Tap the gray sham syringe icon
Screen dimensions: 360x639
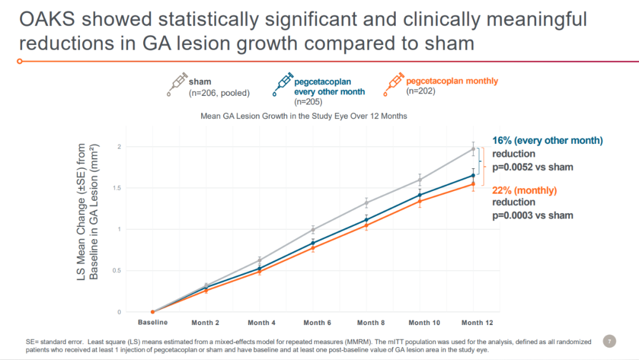point(176,85)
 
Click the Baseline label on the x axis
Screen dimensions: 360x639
point(153,322)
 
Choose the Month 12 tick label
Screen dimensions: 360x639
point(476,323)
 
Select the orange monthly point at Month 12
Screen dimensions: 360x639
point(473,184)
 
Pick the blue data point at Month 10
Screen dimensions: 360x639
point(420,195)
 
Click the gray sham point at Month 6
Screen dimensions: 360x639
point(314,230)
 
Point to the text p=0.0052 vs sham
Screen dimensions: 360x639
point(532,167)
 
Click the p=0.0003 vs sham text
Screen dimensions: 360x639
point(532,215)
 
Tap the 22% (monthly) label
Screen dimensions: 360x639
point(525,190)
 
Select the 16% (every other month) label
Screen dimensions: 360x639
point(547,140)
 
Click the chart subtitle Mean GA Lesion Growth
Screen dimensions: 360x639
point(304,116)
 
